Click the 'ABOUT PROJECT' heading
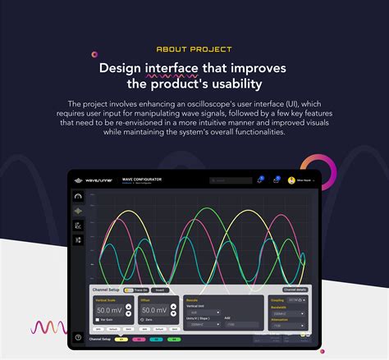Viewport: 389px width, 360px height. [x=194, y=50]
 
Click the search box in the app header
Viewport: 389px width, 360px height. [x=231, y=180]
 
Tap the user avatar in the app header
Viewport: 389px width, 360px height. [x=291, y=180]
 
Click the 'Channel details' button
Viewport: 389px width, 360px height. [x=295, y=289]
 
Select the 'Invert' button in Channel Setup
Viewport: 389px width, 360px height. [x=160, y=289]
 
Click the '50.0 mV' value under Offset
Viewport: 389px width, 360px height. [x=154, y=311]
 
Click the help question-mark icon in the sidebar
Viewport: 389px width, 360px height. [x=78, y=337]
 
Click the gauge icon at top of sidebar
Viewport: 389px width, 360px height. [x=78, y=197]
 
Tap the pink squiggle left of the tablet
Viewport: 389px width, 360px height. [x=48, y=328]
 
